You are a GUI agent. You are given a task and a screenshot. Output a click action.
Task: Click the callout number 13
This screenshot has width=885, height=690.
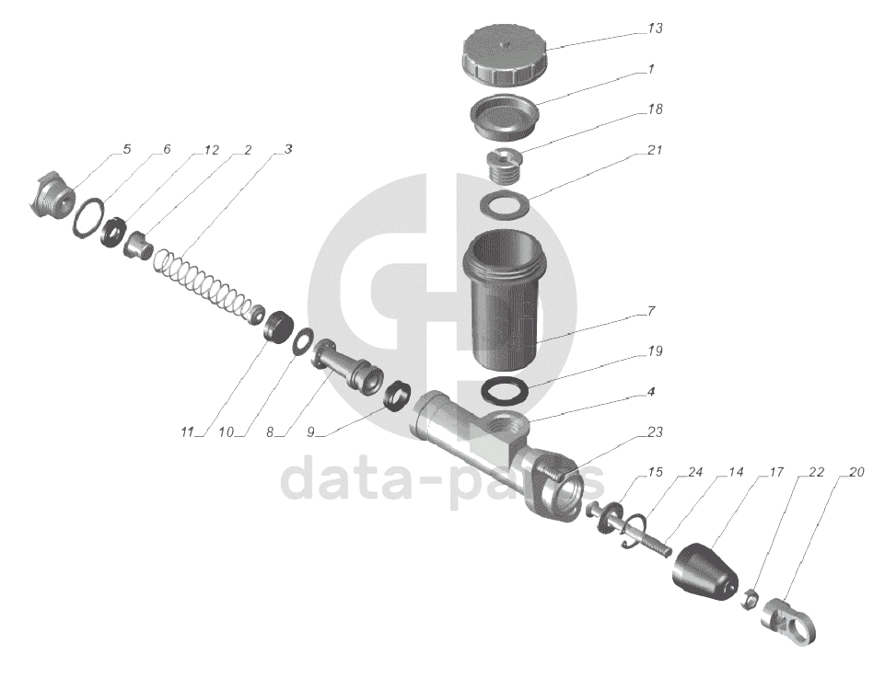pos(654,29)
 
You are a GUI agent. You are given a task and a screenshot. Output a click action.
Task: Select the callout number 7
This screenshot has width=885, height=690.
pos(651,311)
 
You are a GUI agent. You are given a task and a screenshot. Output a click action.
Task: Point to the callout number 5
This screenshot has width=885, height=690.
pos(126,149)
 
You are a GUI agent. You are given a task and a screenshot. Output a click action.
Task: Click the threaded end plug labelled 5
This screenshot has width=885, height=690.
pos(51,197)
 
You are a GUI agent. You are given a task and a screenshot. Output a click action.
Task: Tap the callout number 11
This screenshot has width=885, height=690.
pos(187,432)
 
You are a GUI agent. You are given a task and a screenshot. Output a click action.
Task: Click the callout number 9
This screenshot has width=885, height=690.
pos(310,432)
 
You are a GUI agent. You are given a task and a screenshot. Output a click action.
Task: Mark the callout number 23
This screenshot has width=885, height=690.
pos(655,432)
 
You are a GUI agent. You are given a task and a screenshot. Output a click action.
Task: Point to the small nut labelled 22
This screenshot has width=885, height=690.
pos(749,599)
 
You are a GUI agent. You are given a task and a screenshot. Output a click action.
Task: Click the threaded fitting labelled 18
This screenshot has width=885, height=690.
pos(504,166)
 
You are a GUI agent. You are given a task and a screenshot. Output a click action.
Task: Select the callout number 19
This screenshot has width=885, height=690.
pos(655,351)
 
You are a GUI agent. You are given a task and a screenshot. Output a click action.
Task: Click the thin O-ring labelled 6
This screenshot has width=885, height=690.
pos(88,218)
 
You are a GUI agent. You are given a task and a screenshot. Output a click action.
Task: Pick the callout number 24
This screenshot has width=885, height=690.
pos(694,472)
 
